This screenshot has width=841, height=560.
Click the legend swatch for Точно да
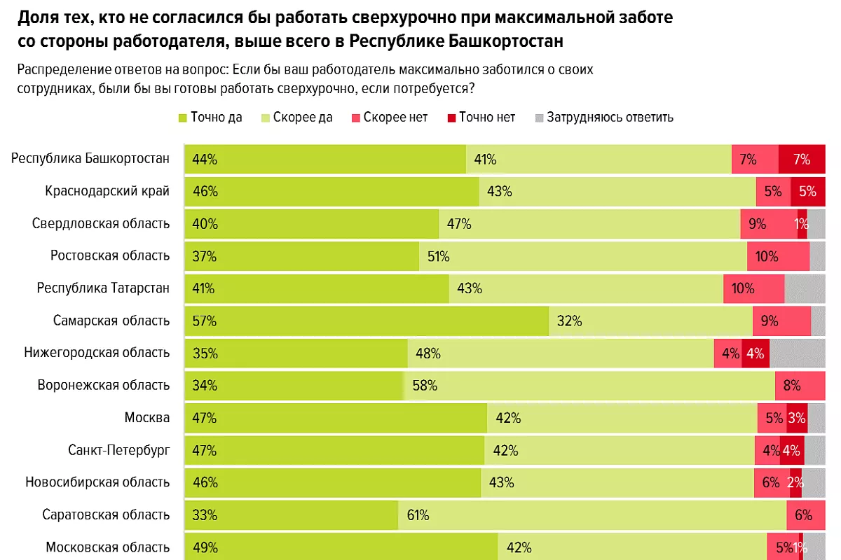click(x=184, y=118)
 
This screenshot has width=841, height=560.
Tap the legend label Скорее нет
click(x=395, y=118)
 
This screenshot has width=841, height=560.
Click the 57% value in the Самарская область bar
click(x=205, y=321)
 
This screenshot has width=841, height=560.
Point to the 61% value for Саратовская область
click(x=418, y=515)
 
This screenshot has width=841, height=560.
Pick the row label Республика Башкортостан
click(x=90, y=158)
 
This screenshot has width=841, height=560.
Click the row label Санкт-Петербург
click(x=118, y=450)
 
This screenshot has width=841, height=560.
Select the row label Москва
click(x=146, y=418)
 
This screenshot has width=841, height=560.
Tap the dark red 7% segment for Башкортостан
click(x=801, y=160)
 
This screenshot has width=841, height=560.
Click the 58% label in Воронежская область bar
click(x=425, y=386)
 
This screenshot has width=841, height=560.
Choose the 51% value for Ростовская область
click(x=438, y=257)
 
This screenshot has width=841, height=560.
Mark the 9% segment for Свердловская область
click(x=757, y=225)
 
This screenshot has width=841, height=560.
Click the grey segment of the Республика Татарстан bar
click(x=805, y=289)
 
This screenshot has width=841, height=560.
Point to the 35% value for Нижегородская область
click(x=205, y=353)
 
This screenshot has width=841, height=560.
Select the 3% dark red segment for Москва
click(x=797, y=418)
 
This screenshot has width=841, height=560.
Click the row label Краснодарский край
click(x=107, y=191)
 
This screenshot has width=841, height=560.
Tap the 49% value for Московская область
click(x=205, y=547)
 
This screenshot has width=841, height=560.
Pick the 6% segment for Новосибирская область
click(x=771, y=482)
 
